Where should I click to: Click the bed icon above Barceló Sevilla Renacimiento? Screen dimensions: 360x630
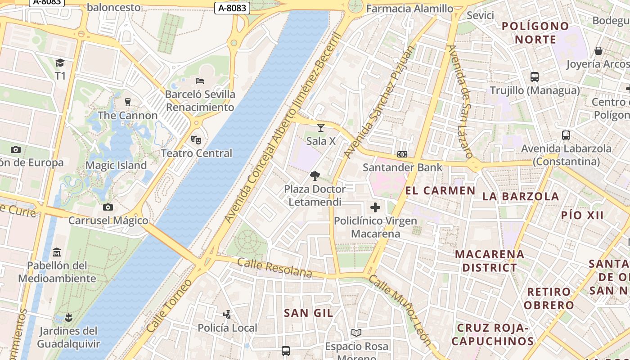click(200, 81)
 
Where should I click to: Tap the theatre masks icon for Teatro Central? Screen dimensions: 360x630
click(196, 140)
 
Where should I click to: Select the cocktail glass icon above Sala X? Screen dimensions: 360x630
click(321, 128)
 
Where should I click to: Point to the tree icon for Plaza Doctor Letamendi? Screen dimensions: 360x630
click(315, 176)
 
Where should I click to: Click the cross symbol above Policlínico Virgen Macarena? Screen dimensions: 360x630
click(375, 207)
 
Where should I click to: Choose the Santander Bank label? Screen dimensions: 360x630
click(403, 167)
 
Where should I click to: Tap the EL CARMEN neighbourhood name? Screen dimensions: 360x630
click(440, 190)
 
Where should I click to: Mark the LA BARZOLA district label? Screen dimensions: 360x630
click(521, 196)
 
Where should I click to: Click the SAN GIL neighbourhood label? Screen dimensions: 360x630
click(309, 313)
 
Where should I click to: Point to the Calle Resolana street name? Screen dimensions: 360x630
click(274, 268)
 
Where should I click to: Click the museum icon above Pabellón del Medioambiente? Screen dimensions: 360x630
click(57, 252)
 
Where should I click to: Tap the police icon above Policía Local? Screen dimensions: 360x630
click(227, 315)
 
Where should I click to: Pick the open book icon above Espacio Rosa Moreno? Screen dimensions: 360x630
click(356, 333)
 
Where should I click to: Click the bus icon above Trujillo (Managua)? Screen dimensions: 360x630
click(535, 77)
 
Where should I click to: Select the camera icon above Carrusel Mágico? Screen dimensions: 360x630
click(108, 207)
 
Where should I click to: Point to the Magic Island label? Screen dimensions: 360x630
click(116, 165)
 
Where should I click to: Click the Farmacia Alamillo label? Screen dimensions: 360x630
click(409, 9)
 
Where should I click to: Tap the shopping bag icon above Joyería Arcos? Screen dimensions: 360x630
click(598, 51)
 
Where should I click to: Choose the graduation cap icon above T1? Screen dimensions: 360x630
click(60, 63)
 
